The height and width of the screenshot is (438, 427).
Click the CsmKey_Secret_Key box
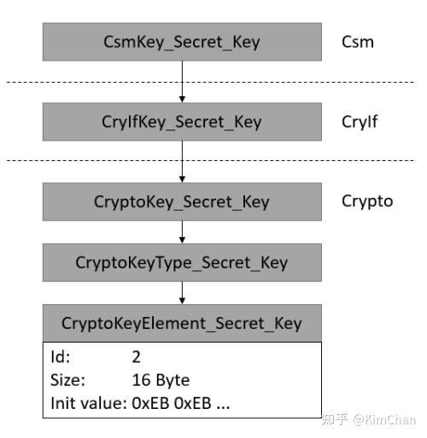[181, 41]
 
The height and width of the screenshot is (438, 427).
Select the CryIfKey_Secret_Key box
[181, 122]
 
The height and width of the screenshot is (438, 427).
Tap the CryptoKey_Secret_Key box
[181, 202]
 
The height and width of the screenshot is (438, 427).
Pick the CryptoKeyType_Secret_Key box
[181, 262]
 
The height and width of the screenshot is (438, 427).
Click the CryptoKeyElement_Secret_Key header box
[181, 324]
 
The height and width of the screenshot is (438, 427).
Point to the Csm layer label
[357, 41]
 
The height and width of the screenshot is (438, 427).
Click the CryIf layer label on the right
[359, 122]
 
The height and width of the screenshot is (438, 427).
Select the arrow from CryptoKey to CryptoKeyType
[181, 232]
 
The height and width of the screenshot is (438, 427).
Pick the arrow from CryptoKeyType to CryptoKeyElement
[181, 293]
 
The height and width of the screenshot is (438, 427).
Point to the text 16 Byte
[161, 379]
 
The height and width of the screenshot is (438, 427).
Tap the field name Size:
[67, 379]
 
